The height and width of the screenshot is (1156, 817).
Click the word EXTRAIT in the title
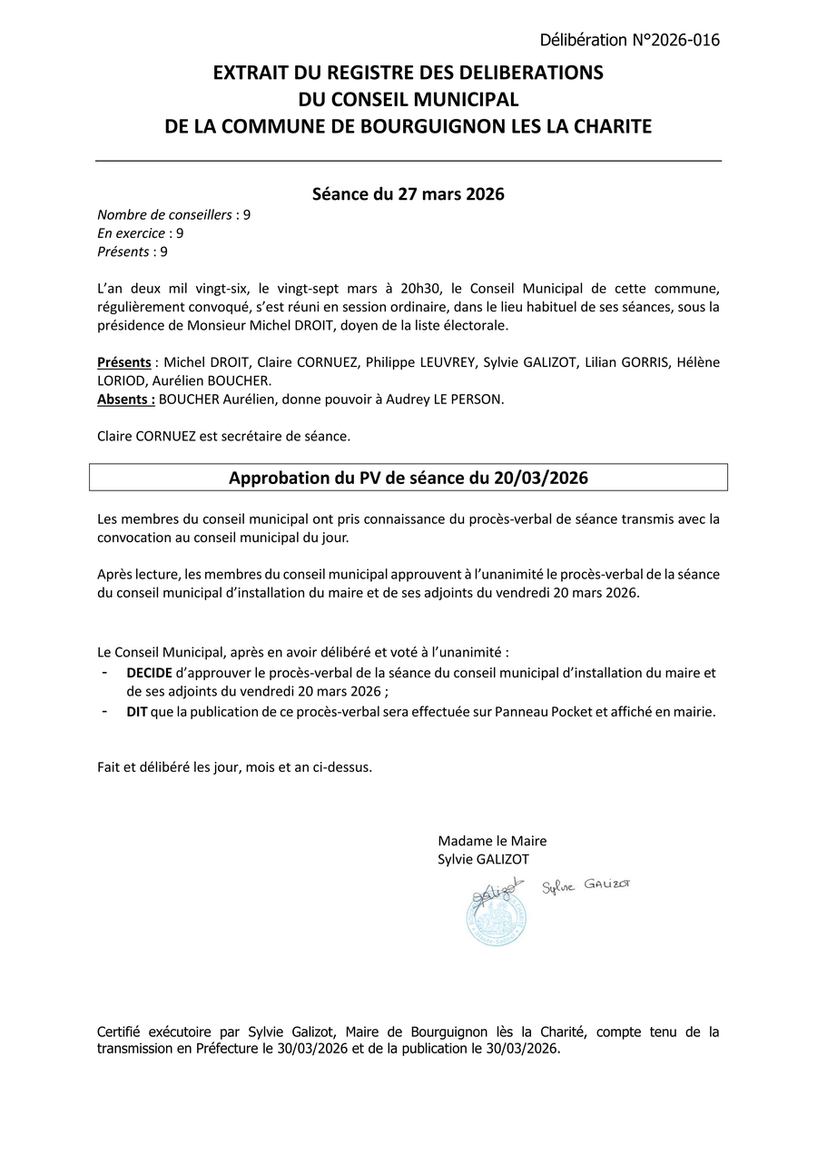coord(250,73)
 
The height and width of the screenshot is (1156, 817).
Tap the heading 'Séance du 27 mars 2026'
coord(408,193)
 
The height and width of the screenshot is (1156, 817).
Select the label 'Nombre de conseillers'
coord(164,215)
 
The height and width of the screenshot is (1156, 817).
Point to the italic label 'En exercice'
coord(131,233)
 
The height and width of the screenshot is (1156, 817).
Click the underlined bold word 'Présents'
coord(124,362)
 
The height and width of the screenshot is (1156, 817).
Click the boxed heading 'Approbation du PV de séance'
coord(408,478)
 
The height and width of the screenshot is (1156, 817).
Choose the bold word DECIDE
coord(149,673)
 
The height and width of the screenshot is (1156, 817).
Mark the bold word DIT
coord(137,713)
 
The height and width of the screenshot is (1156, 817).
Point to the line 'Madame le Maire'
coord(492,841)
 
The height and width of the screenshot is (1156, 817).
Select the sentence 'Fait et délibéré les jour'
coord(234,766)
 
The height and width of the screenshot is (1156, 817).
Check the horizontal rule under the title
coord(408,161)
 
